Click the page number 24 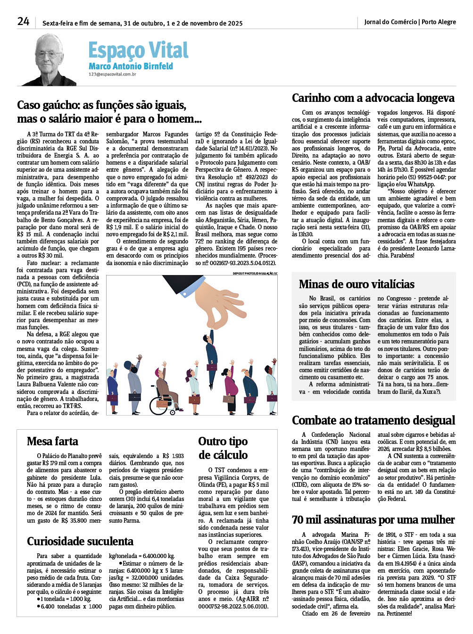(x=23, y=21)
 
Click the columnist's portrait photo (x=49, y=59)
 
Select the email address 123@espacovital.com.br (x=112, y=75)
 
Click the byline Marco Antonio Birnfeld (x=131, y=66)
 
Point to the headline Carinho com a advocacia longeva (x=373, y=98)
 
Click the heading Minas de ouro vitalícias (x=357, y=284)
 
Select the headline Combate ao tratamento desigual (x=373, y=420)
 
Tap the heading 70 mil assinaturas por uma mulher (x=373, y=520)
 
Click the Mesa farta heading (x=52, y=441)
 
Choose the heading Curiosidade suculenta (x=80, y=541)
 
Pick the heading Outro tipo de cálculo (x=223, y=448)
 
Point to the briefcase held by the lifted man (x=212, y=367)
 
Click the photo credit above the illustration (x=255, y=274)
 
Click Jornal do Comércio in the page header (x=390, y=22)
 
